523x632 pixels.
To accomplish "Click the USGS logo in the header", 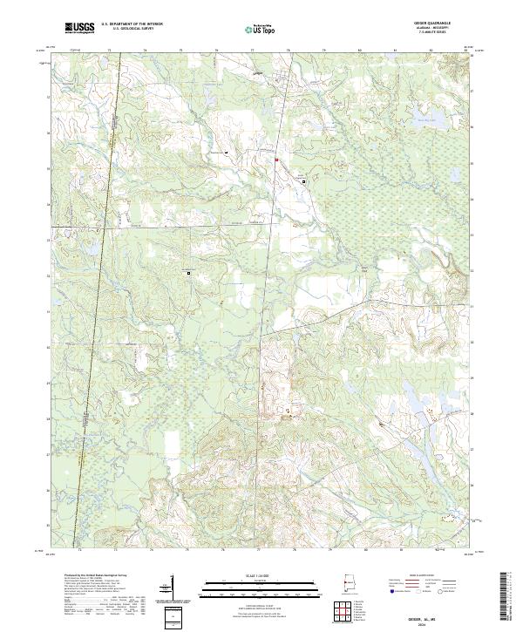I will [79, 29].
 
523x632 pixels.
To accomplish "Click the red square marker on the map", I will [277, 160].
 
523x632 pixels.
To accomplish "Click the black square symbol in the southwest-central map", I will [187, 273].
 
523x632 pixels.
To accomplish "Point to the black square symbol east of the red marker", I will [302, 180].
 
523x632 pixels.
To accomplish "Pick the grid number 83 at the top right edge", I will [465, 51].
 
